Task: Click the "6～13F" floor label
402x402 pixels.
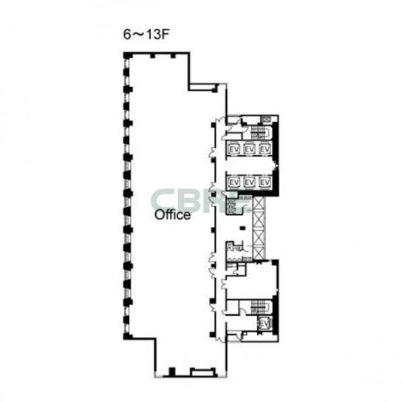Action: (146, 34)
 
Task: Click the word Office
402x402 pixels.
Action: (172, 215)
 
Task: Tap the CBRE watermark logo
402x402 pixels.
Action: (200, 201)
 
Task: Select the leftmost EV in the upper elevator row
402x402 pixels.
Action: (234, 149)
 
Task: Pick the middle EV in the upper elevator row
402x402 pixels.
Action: (249, 149)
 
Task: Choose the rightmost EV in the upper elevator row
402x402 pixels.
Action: (265, 149)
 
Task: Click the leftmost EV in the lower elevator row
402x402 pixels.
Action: (234, 183)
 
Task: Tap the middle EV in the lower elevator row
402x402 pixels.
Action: (249, 183)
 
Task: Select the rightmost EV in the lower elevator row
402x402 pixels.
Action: (265, 183)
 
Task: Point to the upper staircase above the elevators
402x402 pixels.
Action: (259, 132)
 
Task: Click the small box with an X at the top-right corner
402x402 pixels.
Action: (267, 119)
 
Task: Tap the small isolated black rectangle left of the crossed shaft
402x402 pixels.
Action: (242, 228)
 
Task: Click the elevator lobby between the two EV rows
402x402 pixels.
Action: (249, 166)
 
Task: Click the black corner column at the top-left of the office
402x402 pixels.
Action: (126, 55)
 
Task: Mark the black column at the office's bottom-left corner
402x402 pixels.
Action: (127, 336)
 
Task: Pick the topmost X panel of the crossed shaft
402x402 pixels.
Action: (258, 202)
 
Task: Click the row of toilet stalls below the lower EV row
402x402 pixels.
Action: (231, 205)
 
